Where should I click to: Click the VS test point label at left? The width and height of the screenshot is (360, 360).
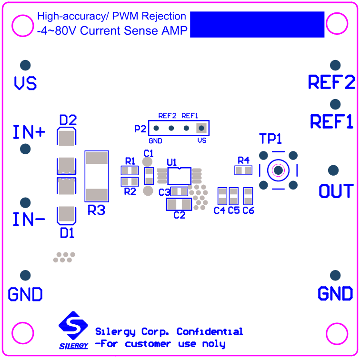tap(25, 84)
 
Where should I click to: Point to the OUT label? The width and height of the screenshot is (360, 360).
tap(336, 191)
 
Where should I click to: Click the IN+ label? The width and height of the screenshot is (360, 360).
tap(29, 132)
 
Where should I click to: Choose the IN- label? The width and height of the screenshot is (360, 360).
tap(29, 220)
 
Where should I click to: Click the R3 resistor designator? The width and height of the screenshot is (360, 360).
tap(96, 210)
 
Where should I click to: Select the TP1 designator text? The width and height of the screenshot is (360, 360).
tap(270, 139)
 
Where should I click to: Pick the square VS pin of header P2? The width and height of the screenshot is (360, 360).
tap(201, 128)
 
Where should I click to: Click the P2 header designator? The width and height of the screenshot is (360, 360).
tap(140, 129)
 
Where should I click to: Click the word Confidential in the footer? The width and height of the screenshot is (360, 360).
tap(210, 332)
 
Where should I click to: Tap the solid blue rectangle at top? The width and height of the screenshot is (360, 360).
tap(257, 25)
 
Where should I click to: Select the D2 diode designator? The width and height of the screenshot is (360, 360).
tap(68, 120)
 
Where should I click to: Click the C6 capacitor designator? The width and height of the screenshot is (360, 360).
tap(249, 210)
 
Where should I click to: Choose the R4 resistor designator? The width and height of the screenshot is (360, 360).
tap(243, 160)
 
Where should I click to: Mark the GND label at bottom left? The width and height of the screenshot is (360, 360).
tap(25, 294)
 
